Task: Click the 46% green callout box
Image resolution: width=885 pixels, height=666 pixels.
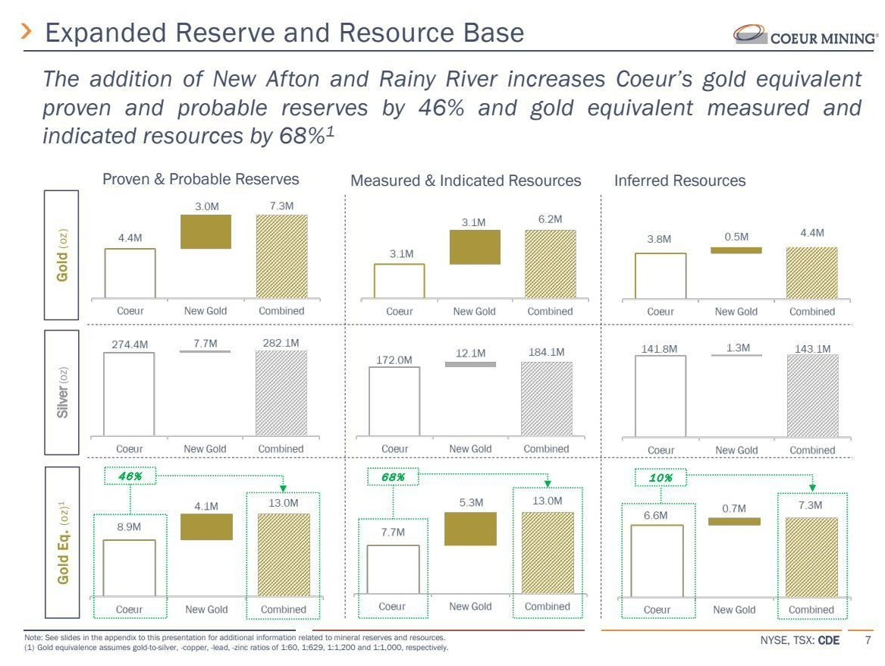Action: tap(129, 476)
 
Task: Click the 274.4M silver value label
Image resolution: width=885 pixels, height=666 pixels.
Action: tap(130, 344)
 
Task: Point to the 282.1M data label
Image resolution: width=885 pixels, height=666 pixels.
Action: tap(281, 343)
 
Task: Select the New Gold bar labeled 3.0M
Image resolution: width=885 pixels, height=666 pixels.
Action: tap(206, 231)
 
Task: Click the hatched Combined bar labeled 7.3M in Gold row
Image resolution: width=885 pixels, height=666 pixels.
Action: tap(281, 256)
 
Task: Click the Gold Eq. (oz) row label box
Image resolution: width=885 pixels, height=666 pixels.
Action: tap(61, 542)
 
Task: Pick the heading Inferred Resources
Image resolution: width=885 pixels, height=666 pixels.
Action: tap(679, 181)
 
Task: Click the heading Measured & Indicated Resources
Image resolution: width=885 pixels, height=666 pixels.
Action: tap(466, 181)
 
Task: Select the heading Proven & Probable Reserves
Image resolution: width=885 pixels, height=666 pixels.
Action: tap(201, 180)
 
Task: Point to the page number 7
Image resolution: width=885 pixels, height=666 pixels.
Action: tap(868, 641)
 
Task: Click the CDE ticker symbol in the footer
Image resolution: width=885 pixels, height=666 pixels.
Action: tap(828, 641)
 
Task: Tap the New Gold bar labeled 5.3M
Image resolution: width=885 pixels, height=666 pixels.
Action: tap(470, 529)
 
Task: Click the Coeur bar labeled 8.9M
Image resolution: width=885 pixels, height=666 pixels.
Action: tap(129, 567)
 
